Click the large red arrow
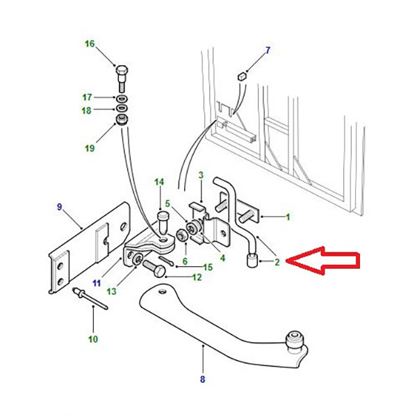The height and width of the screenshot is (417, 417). click(x=325, y=261)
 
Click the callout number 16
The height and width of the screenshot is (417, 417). click(x=90, y=44)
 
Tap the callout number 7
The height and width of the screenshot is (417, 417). click(x=268, y=50)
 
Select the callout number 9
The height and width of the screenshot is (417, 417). click(x=59, y=206)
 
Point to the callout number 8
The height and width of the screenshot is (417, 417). click(x=203, y=379)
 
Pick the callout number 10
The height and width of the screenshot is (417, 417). click(x=93, y=339)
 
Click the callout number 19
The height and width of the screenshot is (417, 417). click(x=90, y=148)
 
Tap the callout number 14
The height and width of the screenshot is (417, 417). click(x=159, y=182)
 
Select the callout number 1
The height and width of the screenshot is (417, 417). click(x=288, y=217)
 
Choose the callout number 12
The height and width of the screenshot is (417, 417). click(x=197, y=277)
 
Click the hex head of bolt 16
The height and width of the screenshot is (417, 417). click(x=122, y=70)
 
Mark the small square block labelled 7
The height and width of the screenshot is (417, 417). click(x=242, y=76)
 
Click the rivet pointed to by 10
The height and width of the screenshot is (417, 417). click(x=90, y=298)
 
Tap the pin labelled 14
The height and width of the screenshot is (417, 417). click(x=163, y=221)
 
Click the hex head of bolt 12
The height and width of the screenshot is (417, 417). click(x=158, y=272)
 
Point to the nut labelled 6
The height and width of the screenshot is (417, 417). click(x=181, y=235)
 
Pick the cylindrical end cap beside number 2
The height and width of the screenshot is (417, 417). click(x=252, y=261)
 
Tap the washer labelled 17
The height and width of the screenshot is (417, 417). click(x=122, y=99)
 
